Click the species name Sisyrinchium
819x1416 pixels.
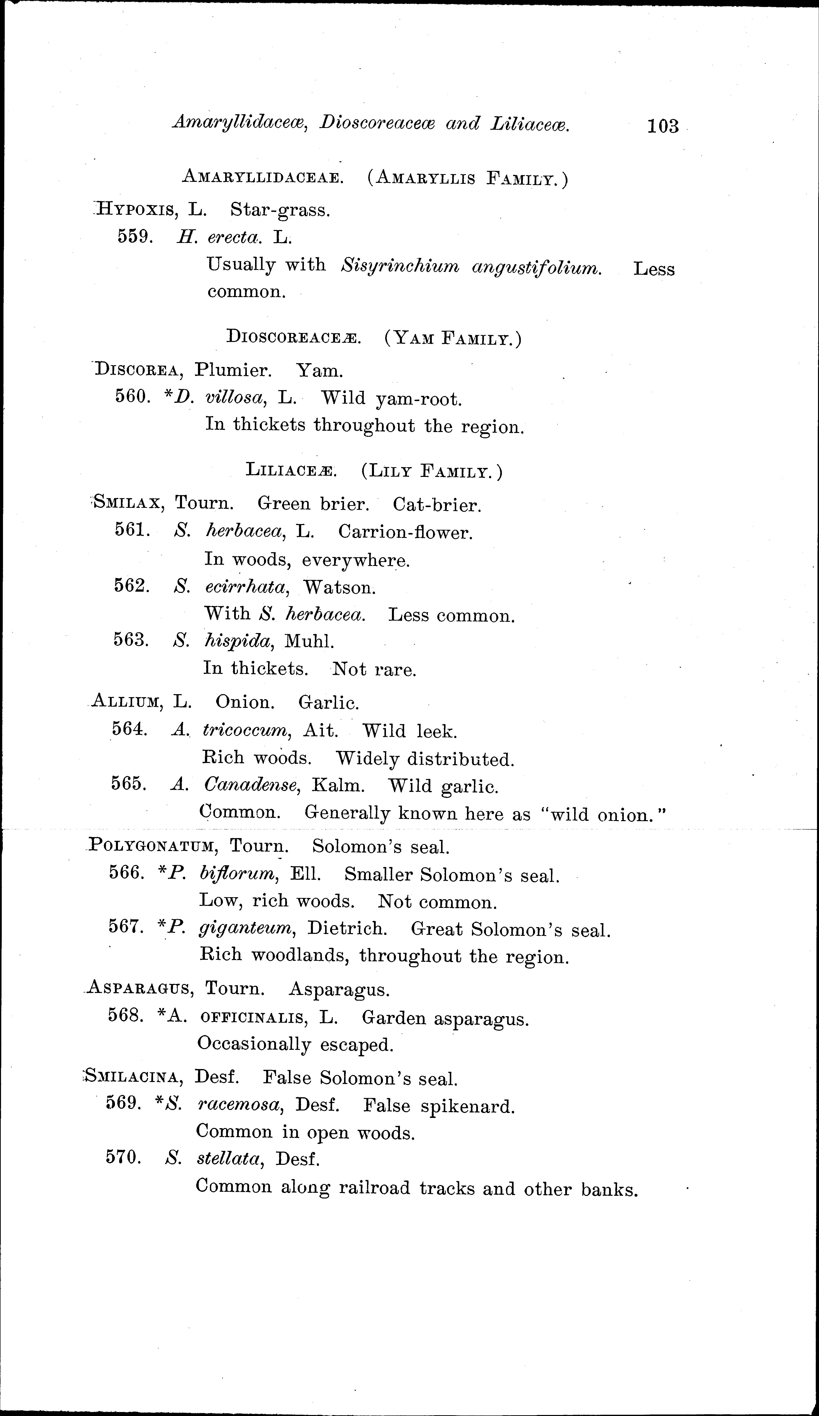coord(400,266)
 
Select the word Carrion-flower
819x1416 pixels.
coord(405,532)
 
